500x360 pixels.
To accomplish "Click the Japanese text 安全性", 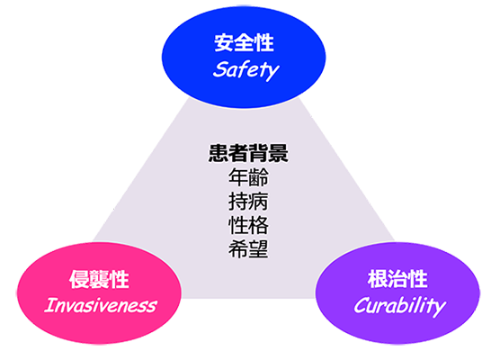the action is pos(244,43).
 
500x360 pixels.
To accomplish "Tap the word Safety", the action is pos(246,70).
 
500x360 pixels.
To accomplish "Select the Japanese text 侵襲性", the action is pos(99,279).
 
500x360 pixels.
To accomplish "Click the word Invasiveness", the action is pos(101,305).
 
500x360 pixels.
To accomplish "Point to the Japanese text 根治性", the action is pos(397,279).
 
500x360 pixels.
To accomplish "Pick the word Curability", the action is pos(400,306).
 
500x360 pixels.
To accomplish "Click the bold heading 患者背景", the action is pos(248,153).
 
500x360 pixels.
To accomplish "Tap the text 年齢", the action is pos(248,177).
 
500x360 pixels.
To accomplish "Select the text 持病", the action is pos(248,202).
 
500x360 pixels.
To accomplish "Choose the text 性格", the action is pos(248,225).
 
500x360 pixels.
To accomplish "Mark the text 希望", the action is pos(248,249).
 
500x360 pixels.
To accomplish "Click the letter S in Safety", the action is pos(220,69).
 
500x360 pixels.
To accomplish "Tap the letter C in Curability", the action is pos(361,305).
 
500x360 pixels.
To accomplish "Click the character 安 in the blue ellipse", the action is pos(224,43).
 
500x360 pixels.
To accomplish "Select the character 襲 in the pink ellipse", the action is pos(99,279).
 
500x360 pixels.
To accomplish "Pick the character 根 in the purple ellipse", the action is pos(377,279).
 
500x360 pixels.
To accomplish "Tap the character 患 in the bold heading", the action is pos(219,153).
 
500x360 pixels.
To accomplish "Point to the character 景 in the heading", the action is pos(279,153).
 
